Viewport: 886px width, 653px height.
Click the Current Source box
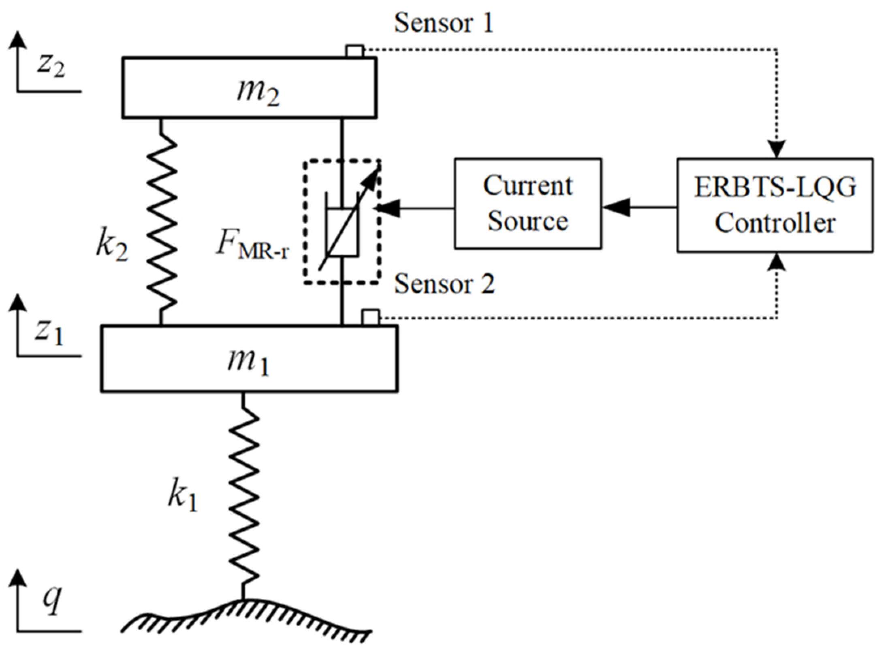527,203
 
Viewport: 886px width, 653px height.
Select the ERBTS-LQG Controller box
775,205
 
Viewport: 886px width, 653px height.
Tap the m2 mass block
250,88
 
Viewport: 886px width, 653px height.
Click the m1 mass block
249,359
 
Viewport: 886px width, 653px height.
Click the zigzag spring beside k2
162,221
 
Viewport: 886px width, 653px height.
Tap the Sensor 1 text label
444,23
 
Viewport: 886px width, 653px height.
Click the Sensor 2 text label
444,284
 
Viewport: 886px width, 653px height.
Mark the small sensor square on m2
354,51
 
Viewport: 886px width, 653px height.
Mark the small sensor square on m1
370,317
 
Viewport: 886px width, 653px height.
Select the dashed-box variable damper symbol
342,222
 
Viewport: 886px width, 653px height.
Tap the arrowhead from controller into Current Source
613,208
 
